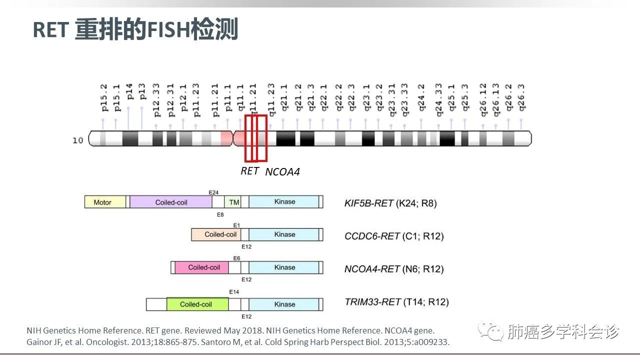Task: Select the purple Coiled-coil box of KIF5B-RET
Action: pos(170,202)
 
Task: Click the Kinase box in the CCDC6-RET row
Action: pos(284,234)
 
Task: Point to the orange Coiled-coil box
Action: pos(220,234)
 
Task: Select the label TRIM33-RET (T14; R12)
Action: pos(396,302)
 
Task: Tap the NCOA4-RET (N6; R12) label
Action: pos(394,269)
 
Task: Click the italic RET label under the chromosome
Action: pos(249,171)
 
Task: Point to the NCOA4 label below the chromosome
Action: pos(282,172)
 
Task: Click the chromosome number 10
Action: pos(77,140)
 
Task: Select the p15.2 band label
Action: pos(104,100)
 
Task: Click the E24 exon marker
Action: pos(214,192)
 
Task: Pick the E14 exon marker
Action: pos(234,291)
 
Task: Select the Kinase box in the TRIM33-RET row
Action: pos(284,304)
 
